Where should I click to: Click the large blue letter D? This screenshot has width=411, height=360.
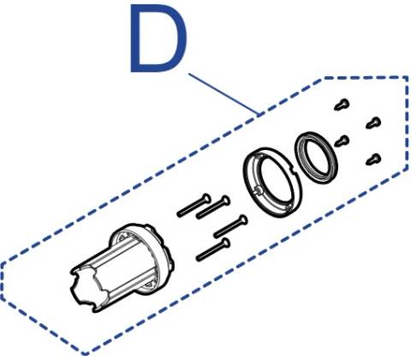click(158, 39)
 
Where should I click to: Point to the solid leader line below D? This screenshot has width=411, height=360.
click(224, 95)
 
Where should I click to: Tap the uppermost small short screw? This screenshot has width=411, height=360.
click(342, 105)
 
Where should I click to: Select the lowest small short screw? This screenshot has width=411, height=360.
click(373, 159)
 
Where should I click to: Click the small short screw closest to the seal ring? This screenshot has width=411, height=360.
click(342, 141)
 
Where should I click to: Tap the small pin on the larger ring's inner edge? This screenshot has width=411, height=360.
click(258, 190)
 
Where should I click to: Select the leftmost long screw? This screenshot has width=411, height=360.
click(194, 206)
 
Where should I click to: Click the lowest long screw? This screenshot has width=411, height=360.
click(213, 249)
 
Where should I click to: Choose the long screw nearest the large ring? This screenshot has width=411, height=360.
click(230, 226)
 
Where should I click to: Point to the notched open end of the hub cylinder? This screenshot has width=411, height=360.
click(86, 289)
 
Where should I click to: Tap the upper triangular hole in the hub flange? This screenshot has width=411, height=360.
click(123, 237)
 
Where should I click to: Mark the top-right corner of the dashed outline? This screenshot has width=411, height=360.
click(408, 77)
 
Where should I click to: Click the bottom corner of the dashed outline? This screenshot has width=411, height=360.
click(85, 353)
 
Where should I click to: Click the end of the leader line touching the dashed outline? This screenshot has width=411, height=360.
click(260, 116)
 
